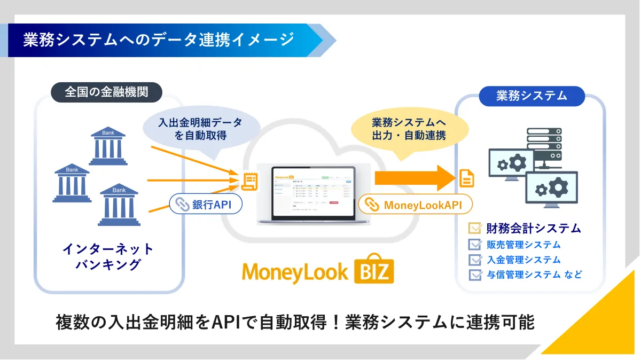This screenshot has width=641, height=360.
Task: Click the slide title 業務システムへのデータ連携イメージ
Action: pos(158,40)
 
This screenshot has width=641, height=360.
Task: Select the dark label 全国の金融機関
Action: pos(106,92)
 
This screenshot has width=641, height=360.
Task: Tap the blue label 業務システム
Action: pos(531,96)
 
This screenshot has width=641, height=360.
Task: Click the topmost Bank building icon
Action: pos(108,146)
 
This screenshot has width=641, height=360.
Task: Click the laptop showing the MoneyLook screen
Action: pos(313,194)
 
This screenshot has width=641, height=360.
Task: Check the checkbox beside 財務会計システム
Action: pos(474,229)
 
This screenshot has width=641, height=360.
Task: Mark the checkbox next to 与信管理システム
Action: pos(474,275)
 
